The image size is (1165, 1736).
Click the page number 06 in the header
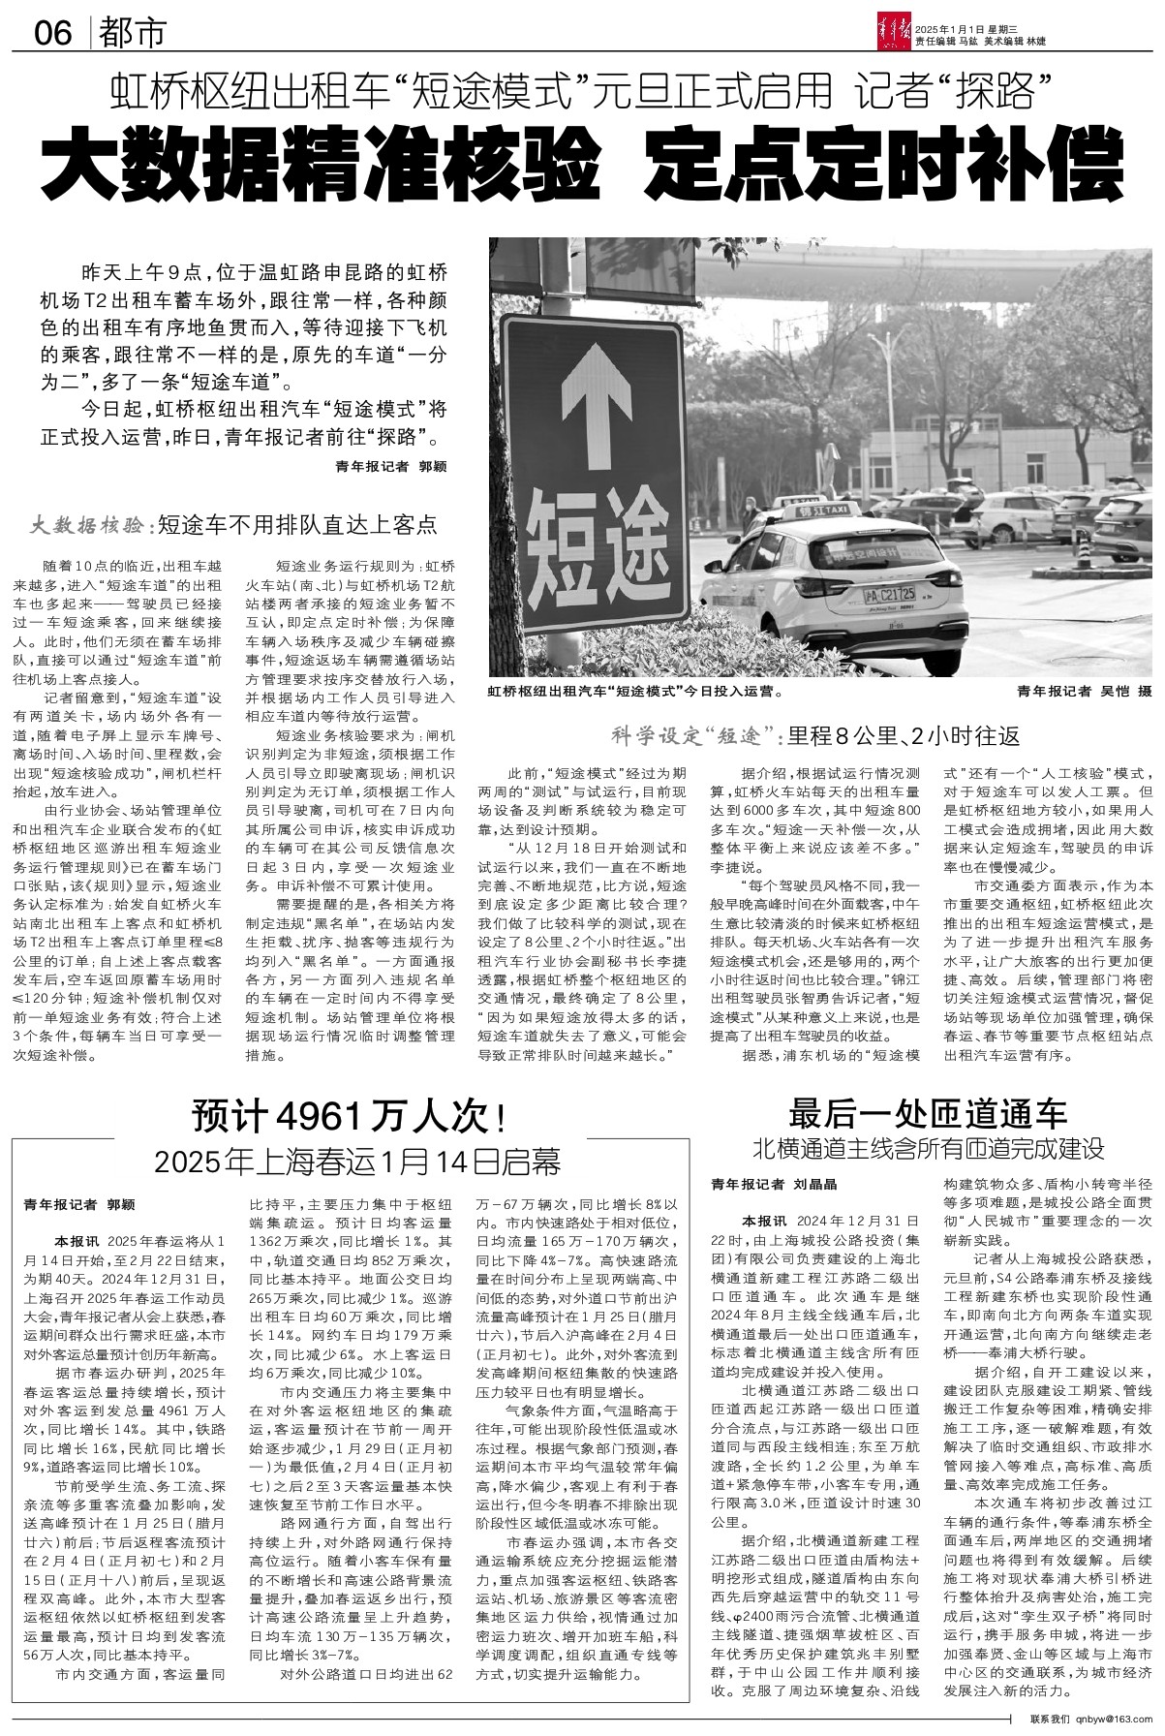pos(53,34)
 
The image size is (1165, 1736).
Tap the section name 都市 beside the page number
pos(133,34)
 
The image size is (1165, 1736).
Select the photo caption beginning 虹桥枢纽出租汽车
pos(635,694)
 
